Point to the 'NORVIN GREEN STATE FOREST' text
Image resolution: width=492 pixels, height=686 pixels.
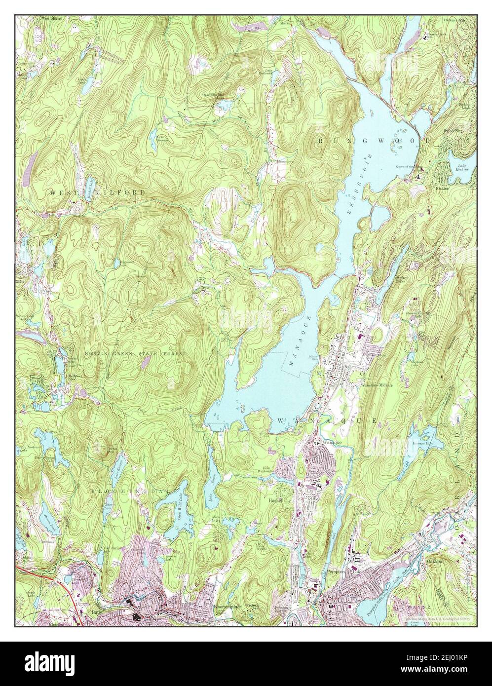(134, 354)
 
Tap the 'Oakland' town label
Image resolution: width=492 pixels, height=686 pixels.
(435, 561)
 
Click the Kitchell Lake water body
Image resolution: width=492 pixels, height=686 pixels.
(91, 188)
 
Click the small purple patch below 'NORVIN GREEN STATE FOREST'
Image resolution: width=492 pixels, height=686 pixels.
(146, 363)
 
